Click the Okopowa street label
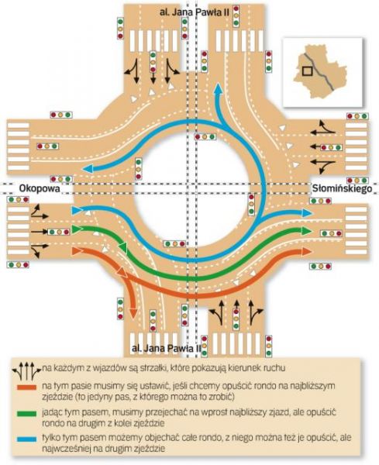pyautogui.click(x=40, y=188)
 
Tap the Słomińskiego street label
pyautogui.click(x=342, y=188)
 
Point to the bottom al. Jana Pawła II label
pyautogui.click(x=166, y=348)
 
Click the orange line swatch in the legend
pyautogui.click(x=26, y=387)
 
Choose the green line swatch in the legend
pyautogui.click(x=26, y=413)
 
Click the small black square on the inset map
pyautogui.click(x=307, y=71)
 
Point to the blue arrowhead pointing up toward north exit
pyautogui.click(x=219, y=88)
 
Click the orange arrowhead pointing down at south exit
pyautogui.click(x=134, y=313)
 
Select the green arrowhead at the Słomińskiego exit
pyautogui.click(x=307, y=230)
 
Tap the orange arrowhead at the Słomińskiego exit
pyautogui.click(x=307, y=252)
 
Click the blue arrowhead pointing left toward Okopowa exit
pyautogui.click(x=88, y=169)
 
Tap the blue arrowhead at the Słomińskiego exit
pyautogui.click(x=307, y=212)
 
